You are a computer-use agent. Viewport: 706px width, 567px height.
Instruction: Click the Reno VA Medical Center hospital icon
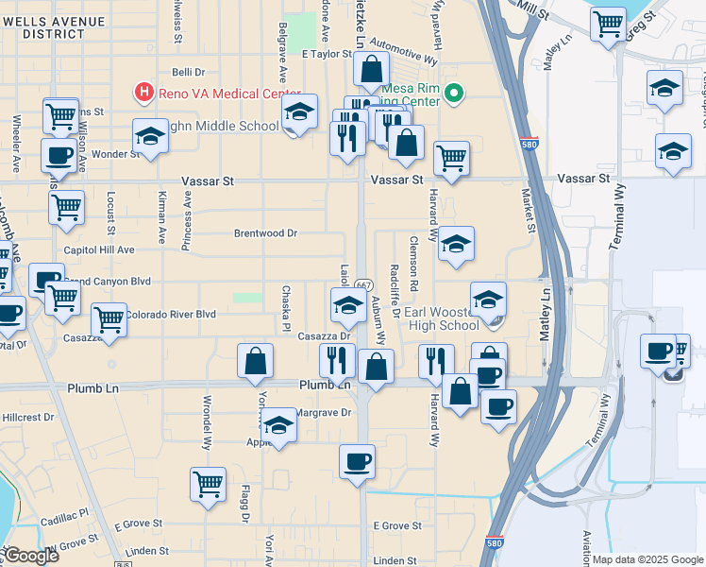tap(144, 93)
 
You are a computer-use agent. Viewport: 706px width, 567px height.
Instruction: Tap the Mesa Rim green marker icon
tap(454, 93)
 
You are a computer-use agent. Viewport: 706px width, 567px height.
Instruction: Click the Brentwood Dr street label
tap(266, 232)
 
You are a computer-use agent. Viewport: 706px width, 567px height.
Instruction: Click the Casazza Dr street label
tap(325, 335)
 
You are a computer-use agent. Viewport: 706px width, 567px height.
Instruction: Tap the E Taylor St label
tap(327, 55)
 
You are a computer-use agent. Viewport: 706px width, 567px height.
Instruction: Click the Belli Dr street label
tap(188, 72)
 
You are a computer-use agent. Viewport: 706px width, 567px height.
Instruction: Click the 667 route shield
tap(362, 283)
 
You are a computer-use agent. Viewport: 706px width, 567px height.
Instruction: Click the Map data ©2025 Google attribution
tap(647, 559)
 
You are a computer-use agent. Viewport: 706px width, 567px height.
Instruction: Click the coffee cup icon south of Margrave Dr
tap(357, 463)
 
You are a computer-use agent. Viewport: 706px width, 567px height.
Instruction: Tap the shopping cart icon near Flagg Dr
tap(208, 485)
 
